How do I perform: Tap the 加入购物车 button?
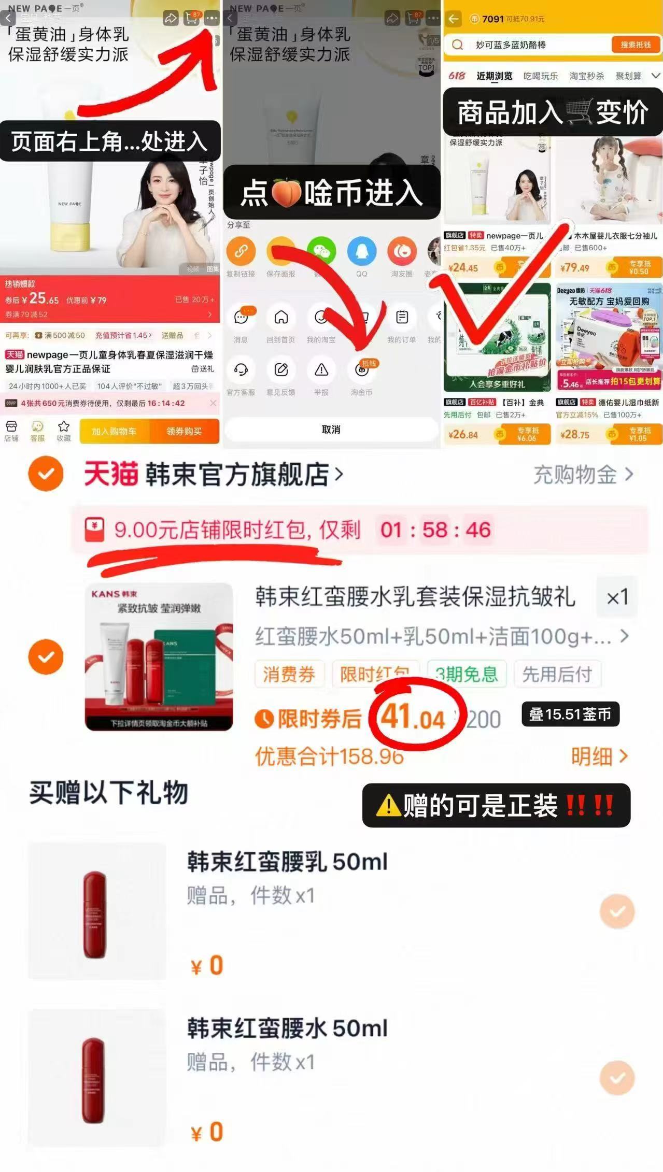[x=114, y=431]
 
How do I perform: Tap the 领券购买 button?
[x=184, y=431]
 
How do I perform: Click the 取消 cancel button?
[x=331, y=430]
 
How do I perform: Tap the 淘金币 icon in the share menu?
[x=362, y=370]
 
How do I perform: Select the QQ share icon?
[x=362, y=252]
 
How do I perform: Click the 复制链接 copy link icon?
[x=241, y=252]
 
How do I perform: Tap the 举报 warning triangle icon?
[x=321, y=370]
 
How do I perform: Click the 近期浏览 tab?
[x=494, y=76]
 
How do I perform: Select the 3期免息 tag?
[x=467, y=674]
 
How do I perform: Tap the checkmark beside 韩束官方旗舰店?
[x=46, y=474]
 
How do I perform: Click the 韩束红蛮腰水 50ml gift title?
[x=287, y=1028]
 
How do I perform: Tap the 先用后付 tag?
[x=557, y=674]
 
